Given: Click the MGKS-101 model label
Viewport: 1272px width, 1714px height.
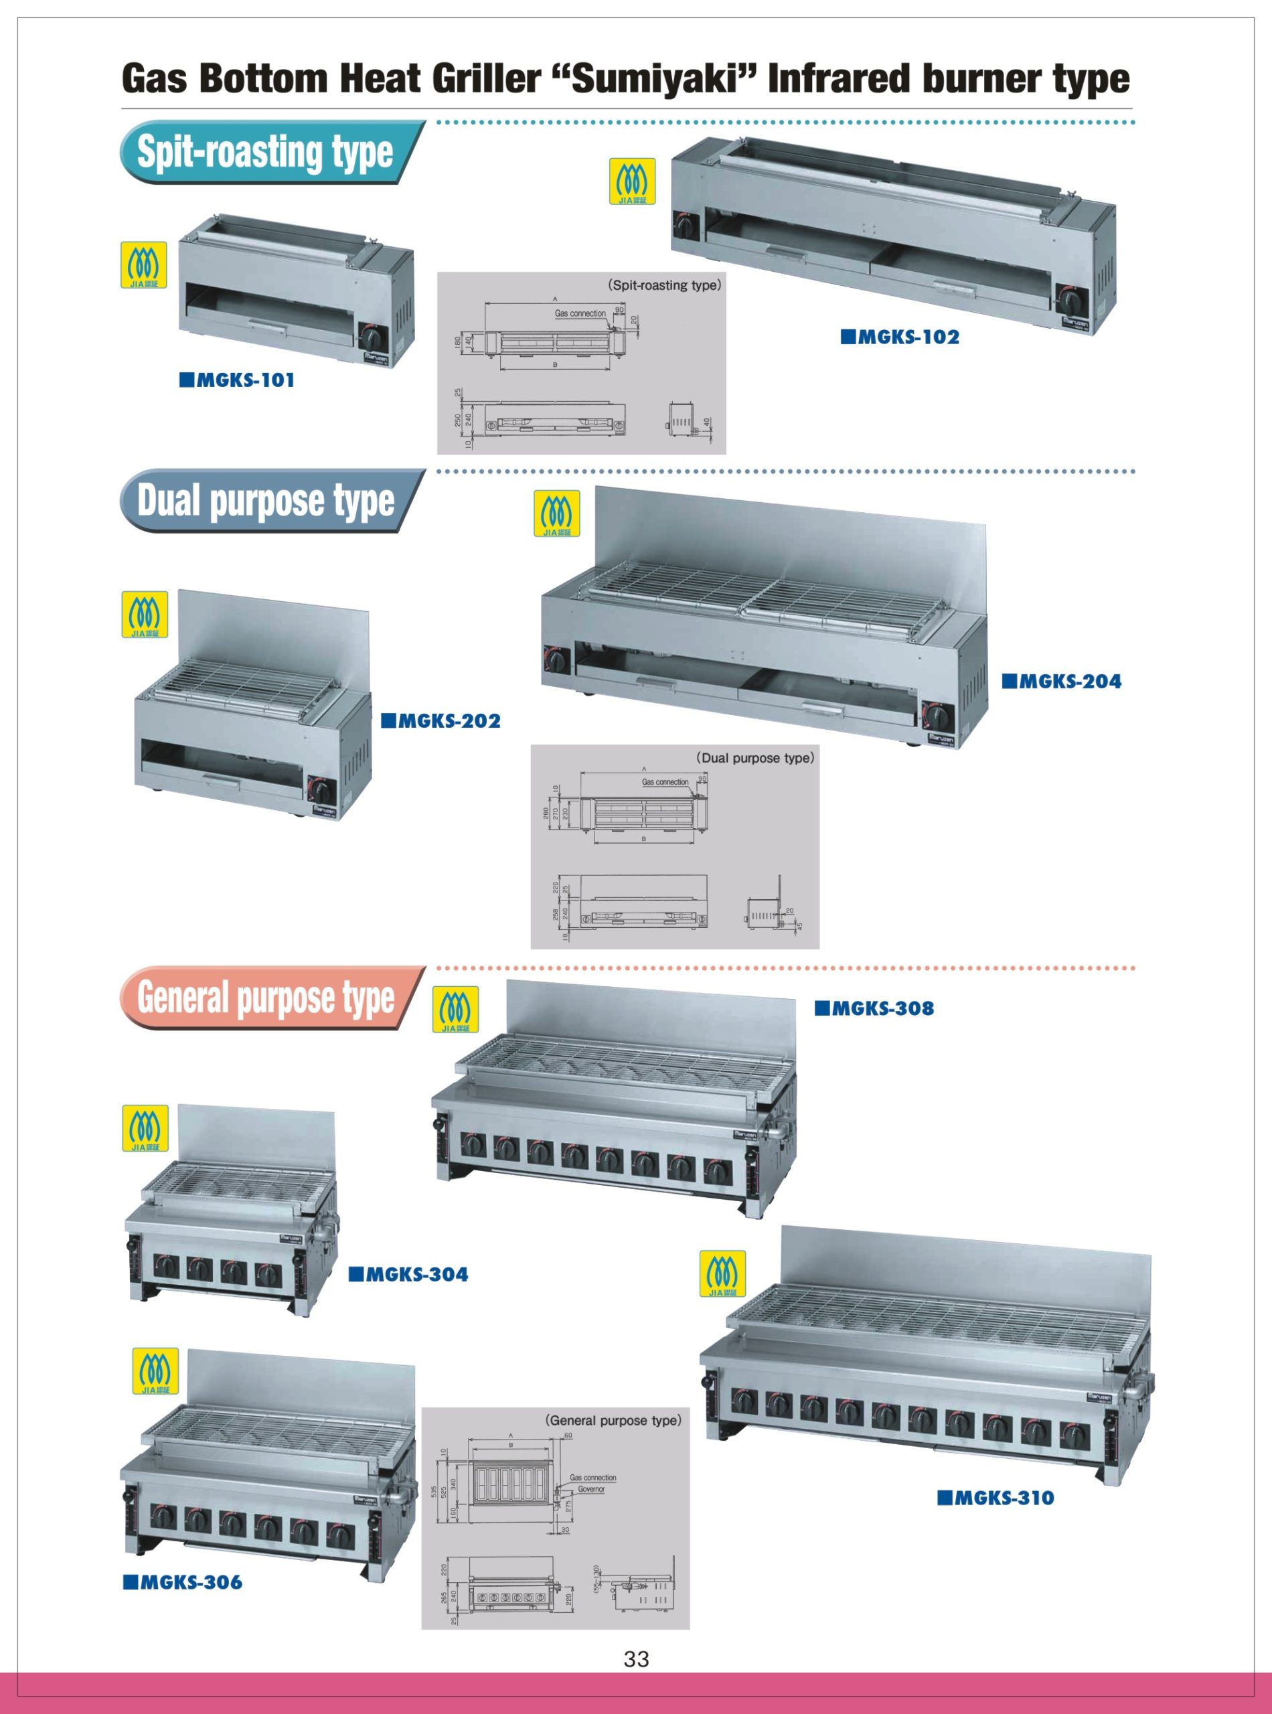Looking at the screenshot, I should click(x=237, y=380).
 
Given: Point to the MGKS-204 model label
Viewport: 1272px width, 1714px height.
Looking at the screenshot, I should click(x=1062, y=681).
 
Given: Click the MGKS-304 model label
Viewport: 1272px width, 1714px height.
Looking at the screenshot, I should click(x=409, y=1274).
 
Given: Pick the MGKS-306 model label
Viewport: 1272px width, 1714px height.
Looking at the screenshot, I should click(x=183, y=1581).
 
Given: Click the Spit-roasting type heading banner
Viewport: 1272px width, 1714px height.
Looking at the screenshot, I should click(x=266, y=152).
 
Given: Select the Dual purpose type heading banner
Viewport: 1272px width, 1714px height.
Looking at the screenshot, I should click(x=266, y=501).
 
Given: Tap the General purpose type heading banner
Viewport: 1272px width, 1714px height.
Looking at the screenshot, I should click(x=266, y=997).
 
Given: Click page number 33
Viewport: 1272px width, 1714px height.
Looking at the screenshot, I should click(x=636, y=1659).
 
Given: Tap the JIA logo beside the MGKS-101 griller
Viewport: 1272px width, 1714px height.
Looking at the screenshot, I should click(x=144, y=265).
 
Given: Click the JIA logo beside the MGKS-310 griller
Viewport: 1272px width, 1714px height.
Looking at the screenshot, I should click(x=722, y=1273).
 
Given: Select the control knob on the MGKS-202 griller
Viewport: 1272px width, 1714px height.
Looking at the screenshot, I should click(x=319, y=789).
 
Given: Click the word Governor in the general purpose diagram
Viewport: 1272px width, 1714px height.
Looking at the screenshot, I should click(x=591, y=1489).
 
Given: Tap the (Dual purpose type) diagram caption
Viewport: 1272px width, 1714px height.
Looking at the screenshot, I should click(x=754, y=758).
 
